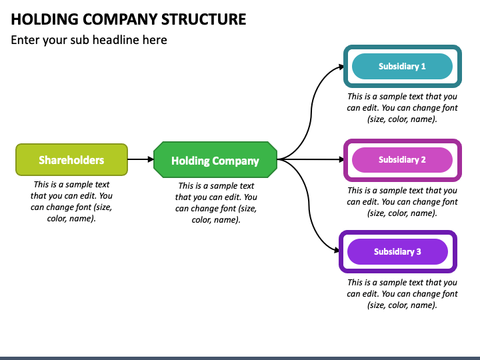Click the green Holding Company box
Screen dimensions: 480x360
click(x=215, y=159)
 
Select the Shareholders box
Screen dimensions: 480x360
click(x=71, y=159)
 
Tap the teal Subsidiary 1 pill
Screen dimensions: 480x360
click(x=402, y=66)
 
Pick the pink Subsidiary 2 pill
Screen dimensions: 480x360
click(x=402, y=160)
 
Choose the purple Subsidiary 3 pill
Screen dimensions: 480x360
click(x=397, y=251)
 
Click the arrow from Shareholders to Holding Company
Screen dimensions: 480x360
click(x=141, y=159)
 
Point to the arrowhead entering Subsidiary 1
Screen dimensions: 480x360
click(x=341, y=67)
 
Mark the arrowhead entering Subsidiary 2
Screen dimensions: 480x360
click(x=341, y=159)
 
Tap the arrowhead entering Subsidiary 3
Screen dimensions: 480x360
click(x=337, y=251)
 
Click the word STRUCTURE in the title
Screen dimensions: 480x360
click(x=203, y=19)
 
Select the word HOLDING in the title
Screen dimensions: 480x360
click(x=45, y=19)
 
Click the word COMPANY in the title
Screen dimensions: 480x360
click(x=120, y=19)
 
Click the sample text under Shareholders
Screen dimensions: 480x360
click(x=71, y=201)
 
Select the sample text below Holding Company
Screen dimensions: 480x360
click(x=216, y=203)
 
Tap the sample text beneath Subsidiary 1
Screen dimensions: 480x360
click(x=402, y=108)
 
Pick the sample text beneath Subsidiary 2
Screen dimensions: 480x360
click(x=402, y=202)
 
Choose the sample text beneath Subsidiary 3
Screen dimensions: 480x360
click(x=402, y=294)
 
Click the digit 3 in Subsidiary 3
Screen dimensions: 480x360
click(x=419, y=251)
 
